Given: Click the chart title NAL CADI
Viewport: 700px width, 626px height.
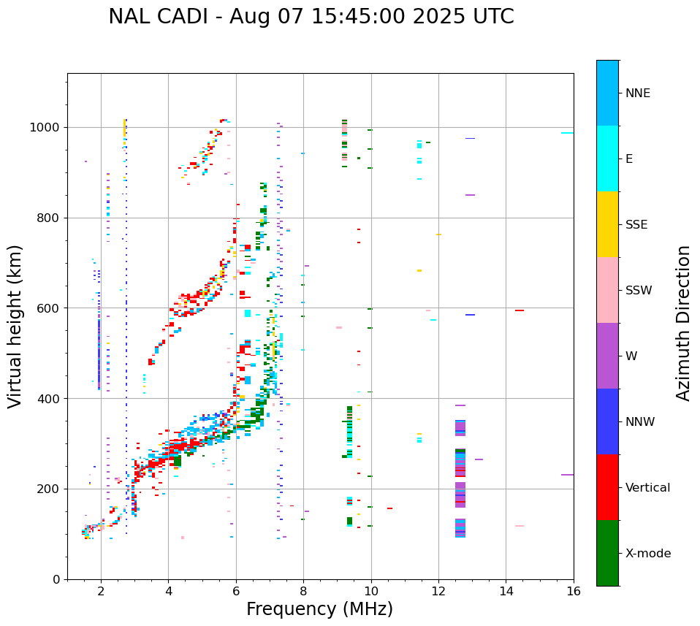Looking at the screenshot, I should point(311,17).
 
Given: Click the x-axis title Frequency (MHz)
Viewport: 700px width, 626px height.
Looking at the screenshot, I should point(319,609).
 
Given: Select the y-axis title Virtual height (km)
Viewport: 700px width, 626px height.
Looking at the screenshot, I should point(15,327).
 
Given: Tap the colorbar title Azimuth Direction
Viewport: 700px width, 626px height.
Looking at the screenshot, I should point(683,323).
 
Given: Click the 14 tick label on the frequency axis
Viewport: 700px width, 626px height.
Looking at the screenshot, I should point(506,591).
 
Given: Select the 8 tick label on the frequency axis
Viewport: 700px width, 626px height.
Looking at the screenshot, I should point(303,591).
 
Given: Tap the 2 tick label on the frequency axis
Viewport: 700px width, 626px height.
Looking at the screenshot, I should point(101,591).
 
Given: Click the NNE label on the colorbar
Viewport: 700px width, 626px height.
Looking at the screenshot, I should point(637,93).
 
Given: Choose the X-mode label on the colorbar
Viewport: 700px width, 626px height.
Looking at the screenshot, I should point(647,554).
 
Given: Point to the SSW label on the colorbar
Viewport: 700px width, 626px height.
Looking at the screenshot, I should point(639,291).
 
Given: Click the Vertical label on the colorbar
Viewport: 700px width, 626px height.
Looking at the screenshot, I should point(647,488).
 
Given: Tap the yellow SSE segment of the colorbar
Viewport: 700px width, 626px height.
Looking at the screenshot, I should point(607,224).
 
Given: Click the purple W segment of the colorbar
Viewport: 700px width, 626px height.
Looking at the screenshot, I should point(607,356).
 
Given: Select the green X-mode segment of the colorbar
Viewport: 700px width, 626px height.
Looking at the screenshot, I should point(607,553).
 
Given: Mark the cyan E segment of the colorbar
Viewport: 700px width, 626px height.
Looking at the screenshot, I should point(607,159).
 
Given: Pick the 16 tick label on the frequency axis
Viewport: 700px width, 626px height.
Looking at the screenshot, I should point(574,591).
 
